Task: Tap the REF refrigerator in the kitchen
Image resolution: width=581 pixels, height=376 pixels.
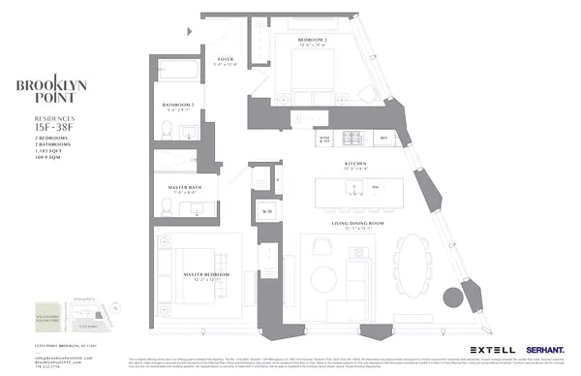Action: coord(383,139)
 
